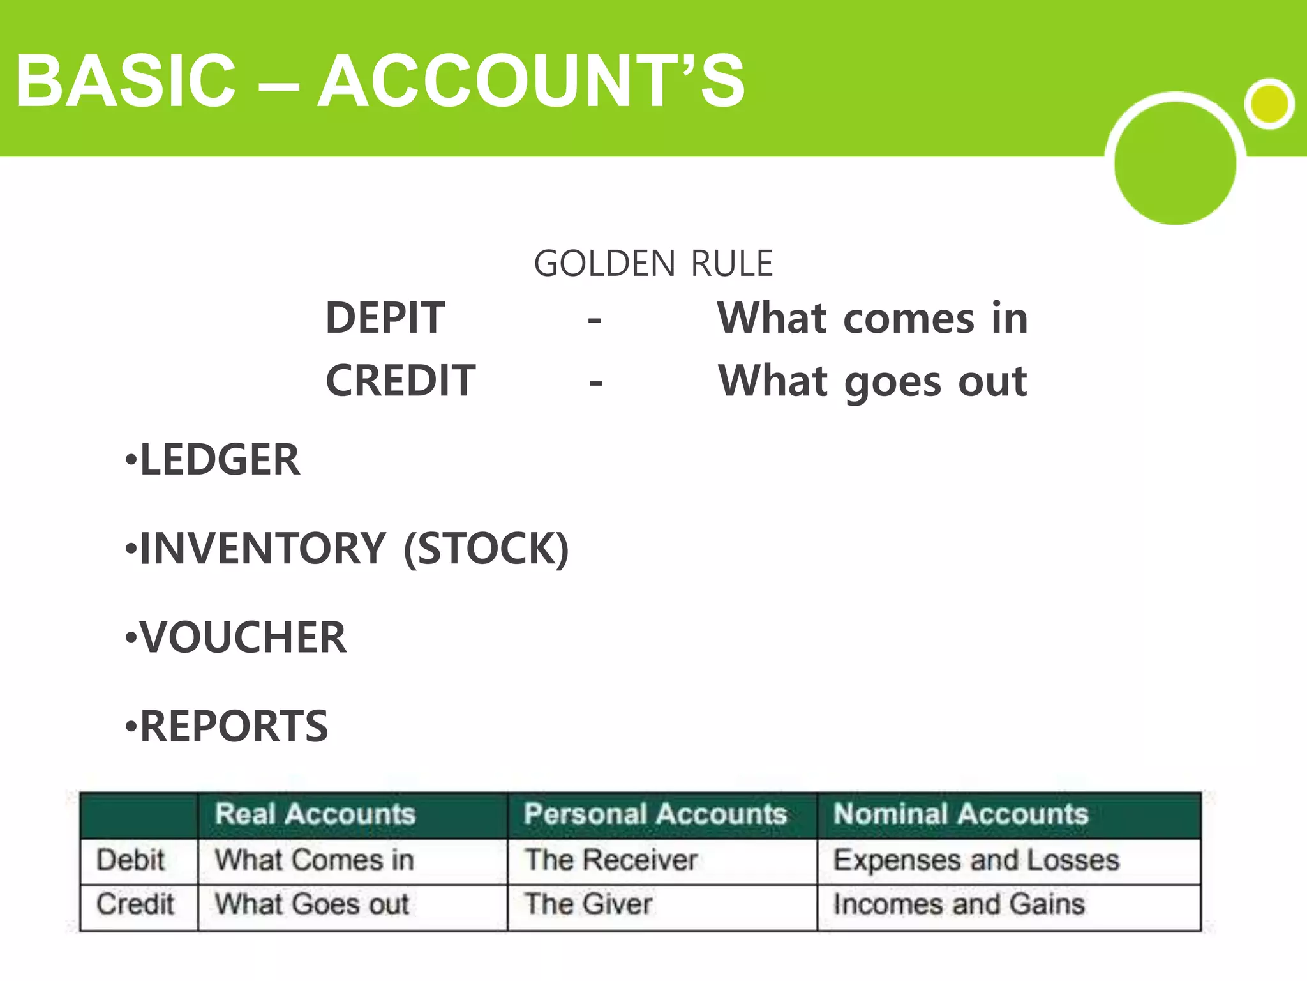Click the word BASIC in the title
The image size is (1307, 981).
click(126, 81)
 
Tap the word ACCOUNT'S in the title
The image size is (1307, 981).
click(531, 81)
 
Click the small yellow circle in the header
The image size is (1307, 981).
click(1269, 103)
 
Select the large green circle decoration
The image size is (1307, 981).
click(1175, 163)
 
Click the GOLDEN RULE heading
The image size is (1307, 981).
click(653, 264)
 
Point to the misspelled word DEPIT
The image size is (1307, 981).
click(385, 318)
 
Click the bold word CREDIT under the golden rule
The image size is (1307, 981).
click(400, 381)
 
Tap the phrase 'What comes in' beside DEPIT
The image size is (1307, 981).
click(872, 318)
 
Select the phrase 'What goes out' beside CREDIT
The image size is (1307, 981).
click(872, 381)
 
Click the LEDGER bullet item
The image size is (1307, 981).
click(219, 460)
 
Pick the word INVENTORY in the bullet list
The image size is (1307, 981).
click(262, 549)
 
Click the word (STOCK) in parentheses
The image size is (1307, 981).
click(486, 549)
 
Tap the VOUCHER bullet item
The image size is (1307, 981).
click(243, 637)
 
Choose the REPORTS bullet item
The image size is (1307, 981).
click(234, 726)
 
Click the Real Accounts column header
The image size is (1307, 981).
click(315, 814)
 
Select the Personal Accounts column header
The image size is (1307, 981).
click(655, 814)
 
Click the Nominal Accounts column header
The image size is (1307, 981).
click(960, 814)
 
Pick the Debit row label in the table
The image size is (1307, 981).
click(131, 860)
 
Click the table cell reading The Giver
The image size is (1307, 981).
click(588, 904)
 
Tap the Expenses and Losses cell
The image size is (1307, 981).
click(976, 860)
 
